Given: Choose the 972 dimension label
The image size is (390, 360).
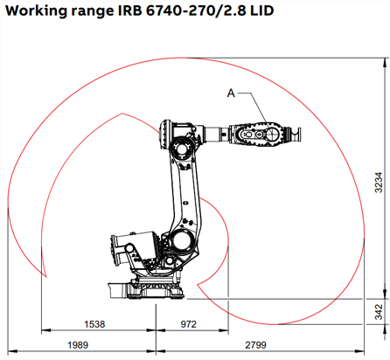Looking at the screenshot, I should pyautogui.click(x=188, y=323).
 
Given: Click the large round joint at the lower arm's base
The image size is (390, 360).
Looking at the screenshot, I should pyautogui.click(x=183, y=240).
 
